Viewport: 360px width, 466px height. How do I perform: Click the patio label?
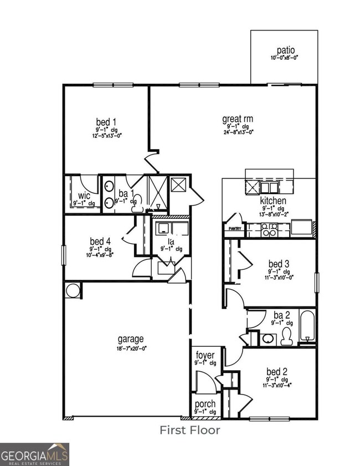pyautogui.click(x=286, y=49)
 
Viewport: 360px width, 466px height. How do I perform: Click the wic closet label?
pyautogui.click(x=84, y=196)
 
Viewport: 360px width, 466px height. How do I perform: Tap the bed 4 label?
pyautogui.click(x=100, y=241)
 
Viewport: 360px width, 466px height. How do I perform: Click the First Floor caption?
pyautogui.click(x=190, y=429)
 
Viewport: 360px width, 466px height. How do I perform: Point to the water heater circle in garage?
pyautogui.click(x=73, y=290)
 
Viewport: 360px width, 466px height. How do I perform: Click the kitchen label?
pyautogui.click(x=274, y=201)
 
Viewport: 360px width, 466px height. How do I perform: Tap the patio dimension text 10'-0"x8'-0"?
pyautogui.click(x=286, y=58)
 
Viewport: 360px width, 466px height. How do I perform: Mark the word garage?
pyautogui.click(x=131, y=339)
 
